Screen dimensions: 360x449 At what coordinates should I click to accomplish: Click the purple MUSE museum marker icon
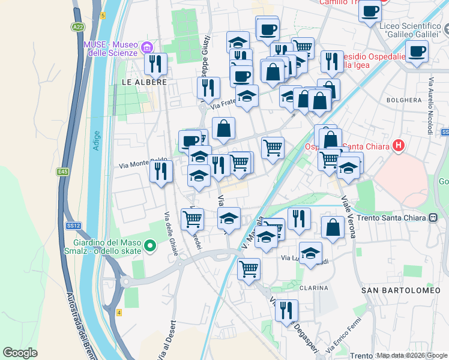click(x=146, y=47)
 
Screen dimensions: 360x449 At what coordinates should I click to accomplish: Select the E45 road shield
click(x=63, y=172)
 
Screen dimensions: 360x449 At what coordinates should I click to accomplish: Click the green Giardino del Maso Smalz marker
click(x=150, y=246)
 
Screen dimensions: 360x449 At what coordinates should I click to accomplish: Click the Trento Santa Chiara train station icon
click(x=433, y=218)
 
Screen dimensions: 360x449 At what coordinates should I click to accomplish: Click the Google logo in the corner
click(x=20, y=353)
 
